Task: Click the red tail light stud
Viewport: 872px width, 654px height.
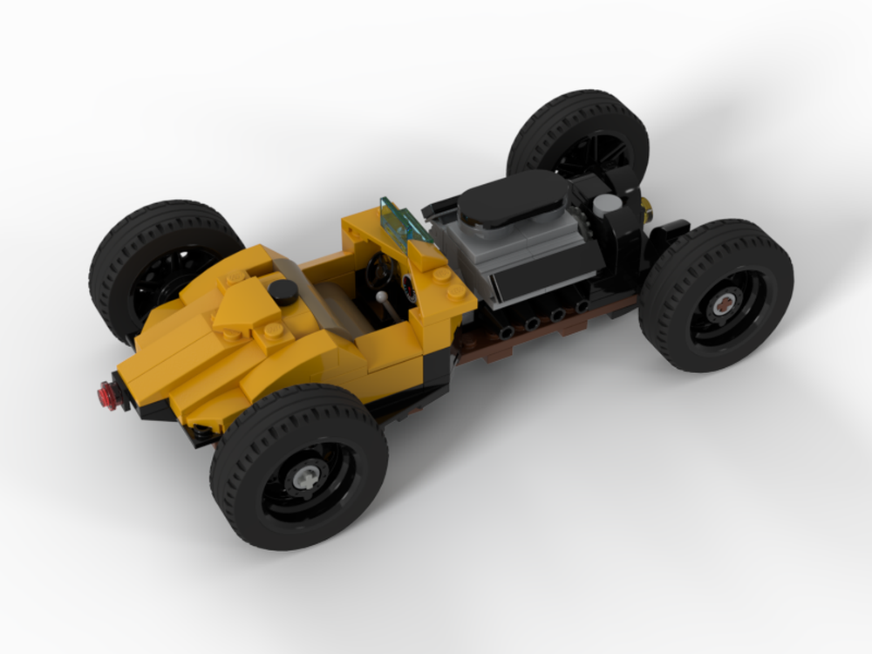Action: pyautogui.click(x=107, y=394)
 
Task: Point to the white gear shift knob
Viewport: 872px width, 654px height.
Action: pyautogui.click(x=383, y=296)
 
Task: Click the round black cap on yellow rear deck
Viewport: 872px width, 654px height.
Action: pyautogui.click(x=282, y=292)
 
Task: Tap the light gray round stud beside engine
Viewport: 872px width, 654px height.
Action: pyautogui.click(x=608, y=203)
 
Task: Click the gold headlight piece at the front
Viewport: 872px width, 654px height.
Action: pyautogui.click(x=646, y=208)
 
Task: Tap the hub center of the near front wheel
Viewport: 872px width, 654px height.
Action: pyautogui.click(x=723, y=305)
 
